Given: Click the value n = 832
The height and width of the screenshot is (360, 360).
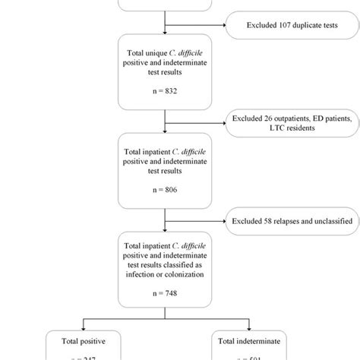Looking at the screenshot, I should (x=164, y=90).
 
